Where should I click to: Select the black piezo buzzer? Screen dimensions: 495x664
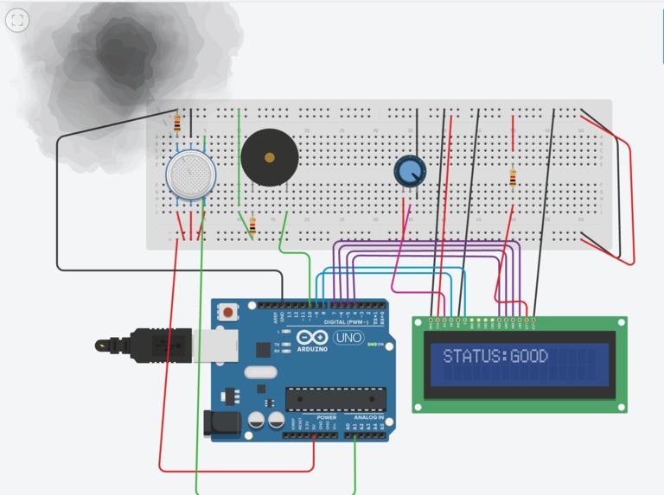click(x=270, y=158)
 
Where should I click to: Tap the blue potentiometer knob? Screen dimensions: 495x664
click(x=407, y=170)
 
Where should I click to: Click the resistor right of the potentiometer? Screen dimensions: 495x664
click(x=513, y=178)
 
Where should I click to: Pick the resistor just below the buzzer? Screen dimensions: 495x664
click(x=252, y=225)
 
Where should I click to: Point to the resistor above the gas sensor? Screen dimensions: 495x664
click(x=177, y=124)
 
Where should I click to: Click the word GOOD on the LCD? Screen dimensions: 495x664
click(x=529, y=356)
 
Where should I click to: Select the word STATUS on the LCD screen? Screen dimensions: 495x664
click(x=474, y=356)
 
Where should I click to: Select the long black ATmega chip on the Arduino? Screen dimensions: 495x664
click(x=335, y=398)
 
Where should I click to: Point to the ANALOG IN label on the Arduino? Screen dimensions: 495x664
click(x=368, y=417)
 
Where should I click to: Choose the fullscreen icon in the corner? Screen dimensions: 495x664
click(x=17, y=21)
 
